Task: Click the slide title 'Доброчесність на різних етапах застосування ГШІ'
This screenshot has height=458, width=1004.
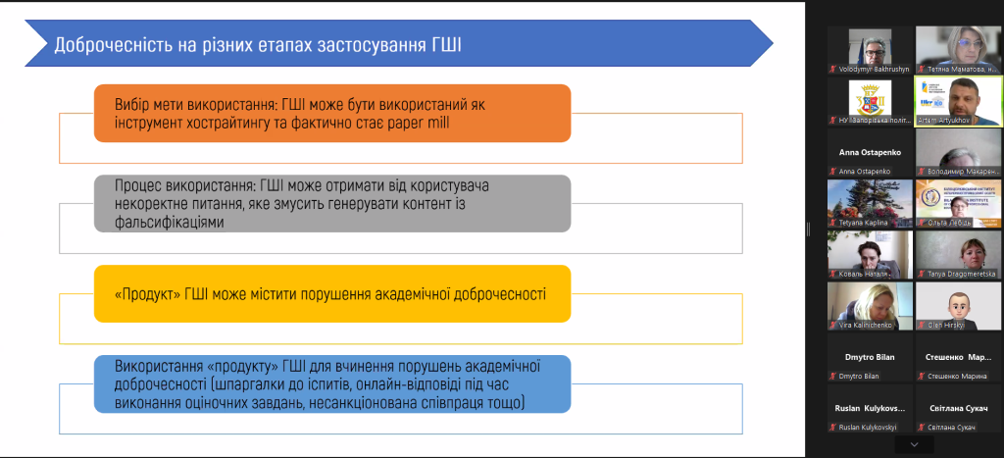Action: click(x=257, y=44)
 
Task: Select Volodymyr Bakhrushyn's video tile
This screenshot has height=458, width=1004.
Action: click(x=870, y=50)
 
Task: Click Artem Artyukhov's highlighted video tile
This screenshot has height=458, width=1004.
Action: click(x=957, y=101)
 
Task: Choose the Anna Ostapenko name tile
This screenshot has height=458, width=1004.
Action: click(x=870, y=153)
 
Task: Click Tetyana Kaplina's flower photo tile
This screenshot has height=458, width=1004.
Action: click(x=870, y=203)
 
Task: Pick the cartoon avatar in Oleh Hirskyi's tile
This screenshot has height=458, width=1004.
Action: click(x=957, y=303)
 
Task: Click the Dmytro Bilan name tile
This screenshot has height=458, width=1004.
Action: click(x=870, y=357)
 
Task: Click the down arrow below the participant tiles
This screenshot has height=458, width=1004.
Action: click(x=914, y=445)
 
